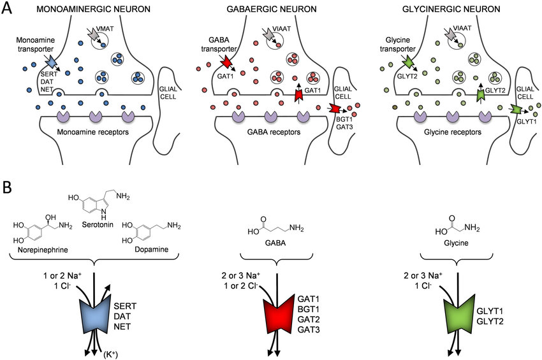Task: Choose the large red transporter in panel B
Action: [x=276, y=316]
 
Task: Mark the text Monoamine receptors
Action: [x=94, y=132]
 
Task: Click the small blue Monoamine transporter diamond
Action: [x=50, y=62]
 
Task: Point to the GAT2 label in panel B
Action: [x=309, y=319]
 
